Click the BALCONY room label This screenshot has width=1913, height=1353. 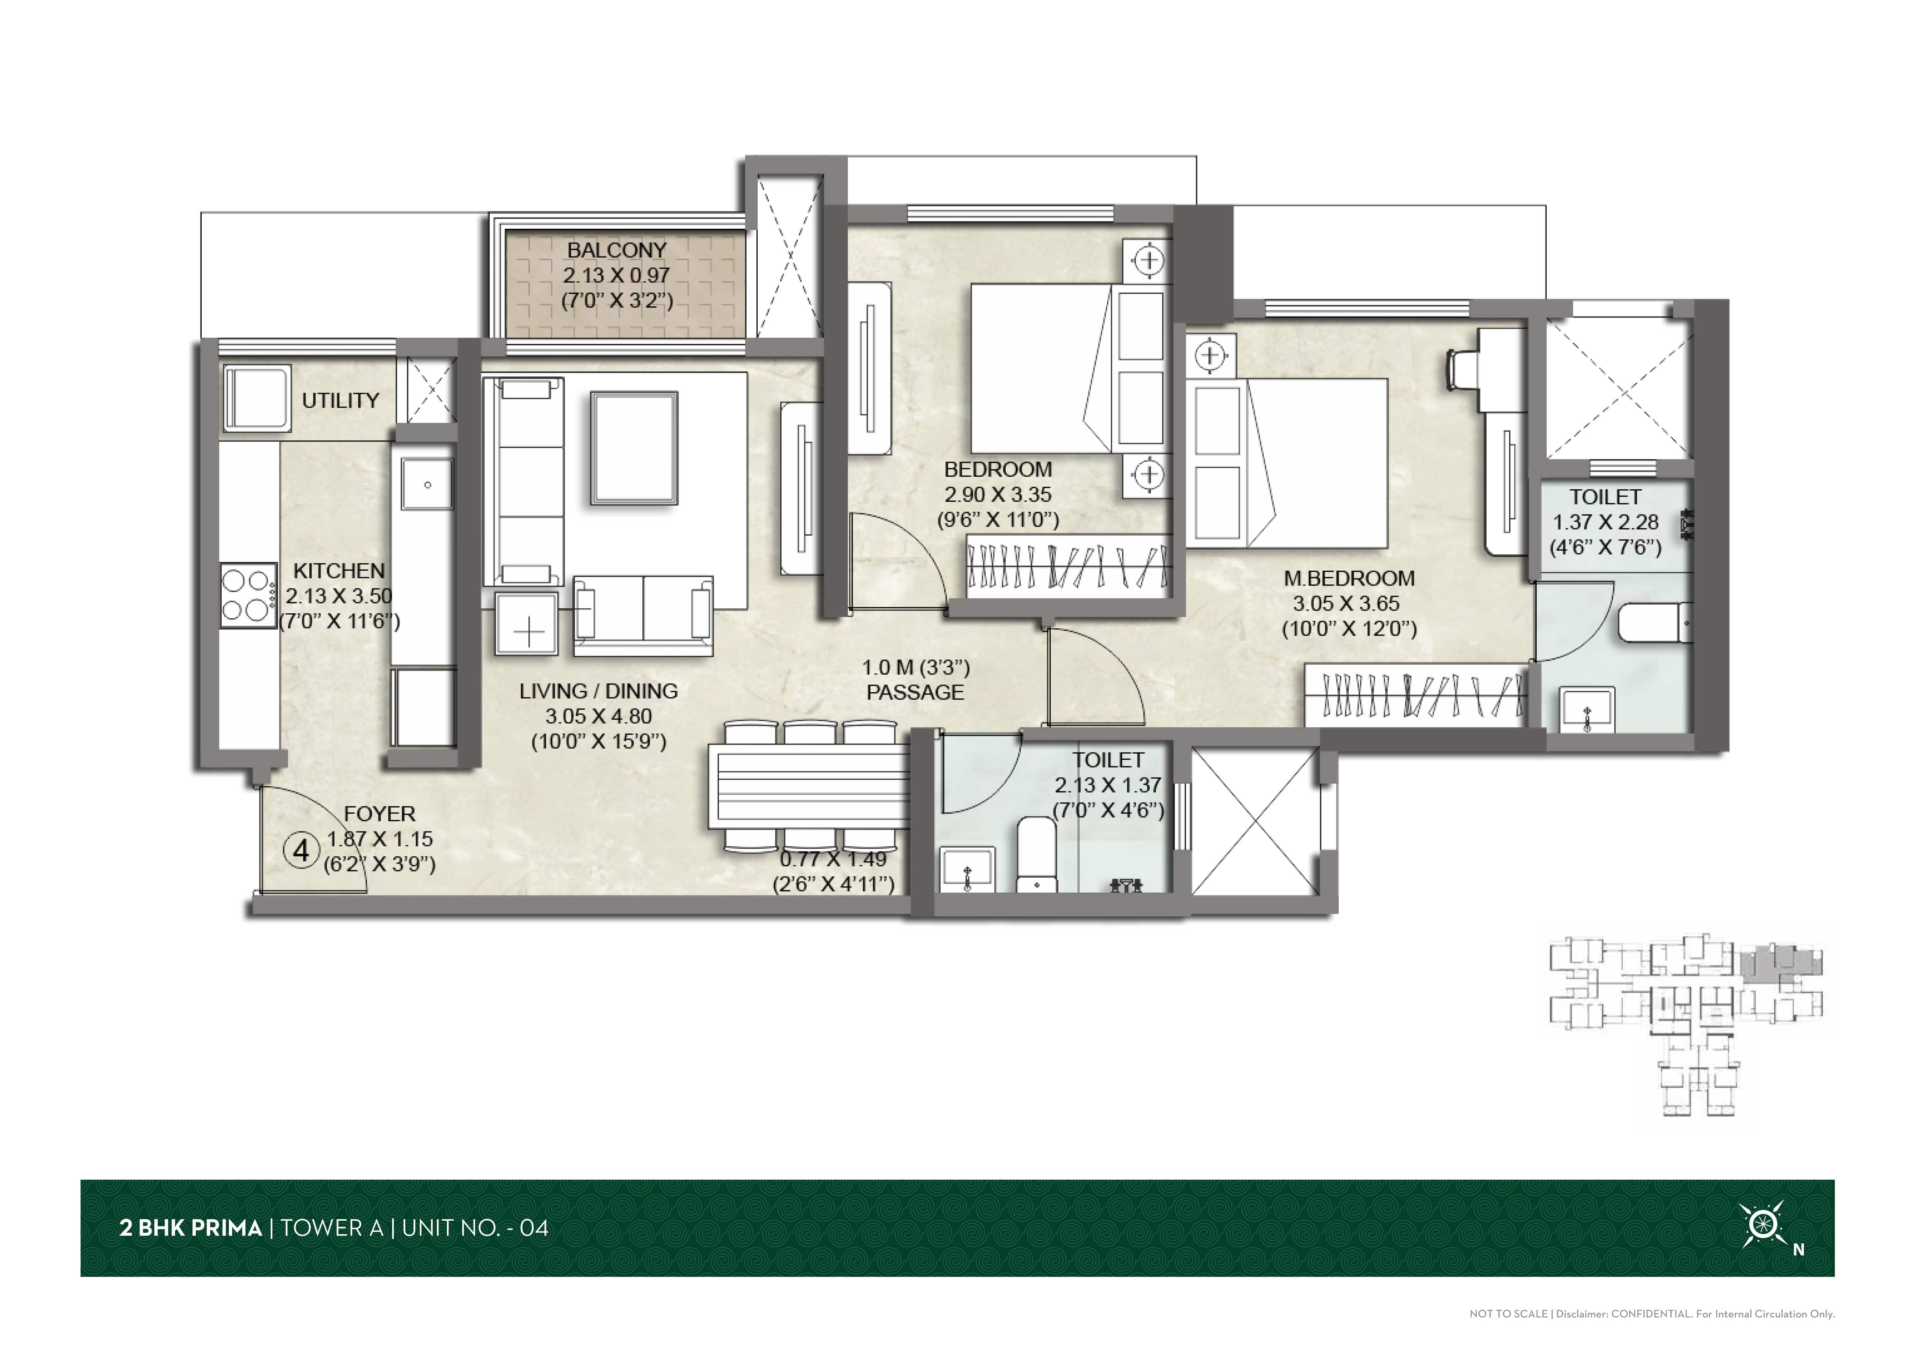[x=617, y=250]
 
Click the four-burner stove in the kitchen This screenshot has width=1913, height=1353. [x=248, y=596]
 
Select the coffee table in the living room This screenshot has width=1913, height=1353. [x=634, y=448]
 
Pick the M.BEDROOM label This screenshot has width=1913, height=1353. [x=1349, y=578]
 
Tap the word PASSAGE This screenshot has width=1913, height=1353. [x=915, y=692]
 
